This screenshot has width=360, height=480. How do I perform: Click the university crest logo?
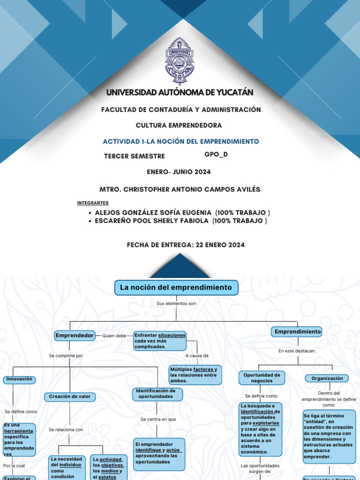click(x=180, y=64)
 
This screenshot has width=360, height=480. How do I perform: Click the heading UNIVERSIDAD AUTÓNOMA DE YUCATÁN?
click(x=180, y=93)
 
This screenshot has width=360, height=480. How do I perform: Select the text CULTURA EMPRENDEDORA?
click(x=179, y=126)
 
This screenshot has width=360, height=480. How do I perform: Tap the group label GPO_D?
click(x=216, y=154)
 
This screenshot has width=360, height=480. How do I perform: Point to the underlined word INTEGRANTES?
click(x=93, y=203)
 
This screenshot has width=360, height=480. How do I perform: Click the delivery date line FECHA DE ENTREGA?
click(x=186, y=245)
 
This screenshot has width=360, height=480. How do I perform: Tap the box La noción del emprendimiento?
click(x=176, y=287)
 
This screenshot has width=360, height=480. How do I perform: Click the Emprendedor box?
click(x=74, y=336)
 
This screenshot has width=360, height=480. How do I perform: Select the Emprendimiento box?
click(x=297, y=332)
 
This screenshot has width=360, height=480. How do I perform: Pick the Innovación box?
click(x=19, y=379)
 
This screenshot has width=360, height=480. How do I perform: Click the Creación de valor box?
click(x=70, y=397)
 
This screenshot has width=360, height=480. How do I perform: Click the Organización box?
click(x=327, y=378)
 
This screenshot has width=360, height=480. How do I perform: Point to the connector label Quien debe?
click(x=114, y=336)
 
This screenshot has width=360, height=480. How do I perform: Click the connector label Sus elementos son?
click(x=176, y=304)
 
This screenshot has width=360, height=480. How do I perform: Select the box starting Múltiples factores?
click(x=195, y=375)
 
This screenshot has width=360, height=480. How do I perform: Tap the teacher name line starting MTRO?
click(x=180, y=189)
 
